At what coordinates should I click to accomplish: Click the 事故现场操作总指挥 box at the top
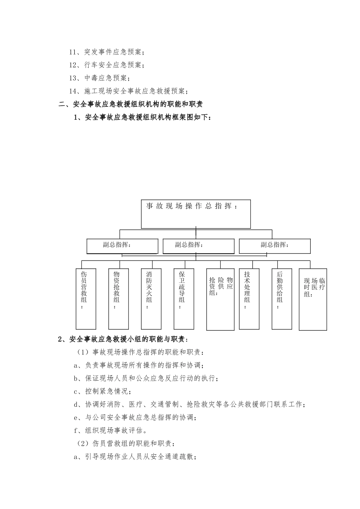point(196,214)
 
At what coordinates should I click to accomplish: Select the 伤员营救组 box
point(86,298)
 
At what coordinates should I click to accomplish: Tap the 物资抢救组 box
point(118,298)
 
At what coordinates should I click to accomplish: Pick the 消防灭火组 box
point(151,298)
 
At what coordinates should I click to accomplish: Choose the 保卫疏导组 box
point(184,298)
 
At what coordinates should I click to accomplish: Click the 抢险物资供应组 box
point(220,299)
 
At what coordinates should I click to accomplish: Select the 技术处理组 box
point(249,298)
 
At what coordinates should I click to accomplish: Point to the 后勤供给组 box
point(282,298)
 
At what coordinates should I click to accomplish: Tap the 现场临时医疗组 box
point(313,299)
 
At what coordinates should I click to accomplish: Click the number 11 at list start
point(73,52)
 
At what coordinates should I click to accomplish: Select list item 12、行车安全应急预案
point(106,65)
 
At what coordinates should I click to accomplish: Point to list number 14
point(73,91)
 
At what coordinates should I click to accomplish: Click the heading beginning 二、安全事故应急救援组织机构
point(131,104)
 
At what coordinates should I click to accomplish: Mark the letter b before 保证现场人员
point(76,378)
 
